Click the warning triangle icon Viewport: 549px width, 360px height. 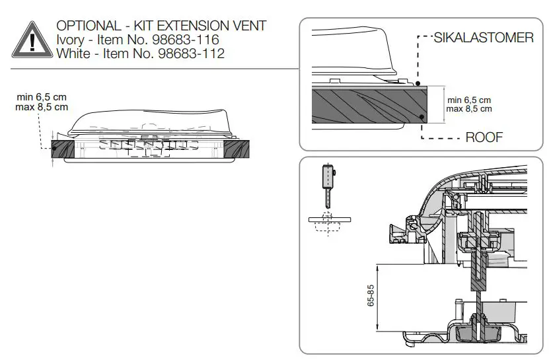tap(29, 38)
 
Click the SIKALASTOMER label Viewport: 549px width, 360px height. tap(483, 38)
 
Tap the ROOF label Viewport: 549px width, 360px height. tap(484, 137)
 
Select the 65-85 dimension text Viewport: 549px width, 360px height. tap(371, 295)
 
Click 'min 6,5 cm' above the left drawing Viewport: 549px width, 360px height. tap(42, 96)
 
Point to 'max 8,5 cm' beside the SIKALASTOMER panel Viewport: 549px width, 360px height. tap(468, 108)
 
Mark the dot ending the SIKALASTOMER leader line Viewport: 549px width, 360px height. tap(420, 83)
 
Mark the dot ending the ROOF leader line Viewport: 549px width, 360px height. tap(421, 117)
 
